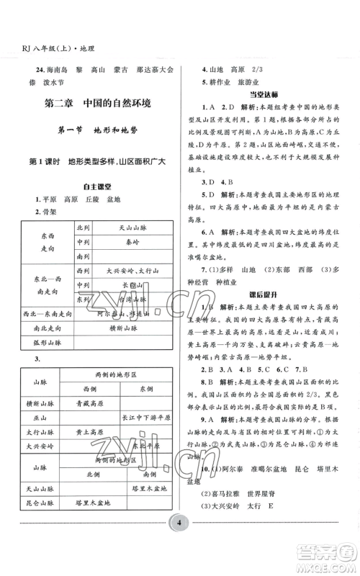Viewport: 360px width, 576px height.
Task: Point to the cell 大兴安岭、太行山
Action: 132,271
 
